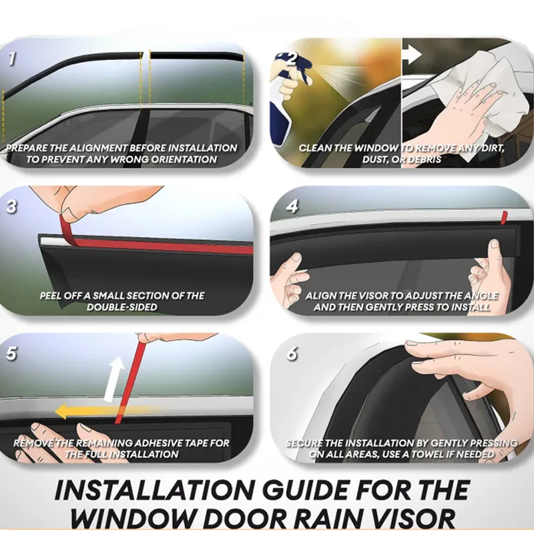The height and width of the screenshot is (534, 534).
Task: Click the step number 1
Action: (12, 59)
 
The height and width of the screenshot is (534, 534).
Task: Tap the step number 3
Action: (11, 206)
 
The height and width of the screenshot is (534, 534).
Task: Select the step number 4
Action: (292, 206)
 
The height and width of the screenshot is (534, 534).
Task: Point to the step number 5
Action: (11, 353)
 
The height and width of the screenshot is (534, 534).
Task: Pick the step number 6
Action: (292, 354)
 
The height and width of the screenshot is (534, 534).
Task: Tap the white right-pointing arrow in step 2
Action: (413, 55)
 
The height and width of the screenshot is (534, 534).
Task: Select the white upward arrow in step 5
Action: (114, 378)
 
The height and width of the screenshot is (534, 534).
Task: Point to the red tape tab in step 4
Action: (504, 218)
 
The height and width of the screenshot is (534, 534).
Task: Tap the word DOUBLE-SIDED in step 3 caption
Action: (122, 307)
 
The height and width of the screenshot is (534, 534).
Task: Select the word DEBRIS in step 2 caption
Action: (423, 160)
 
